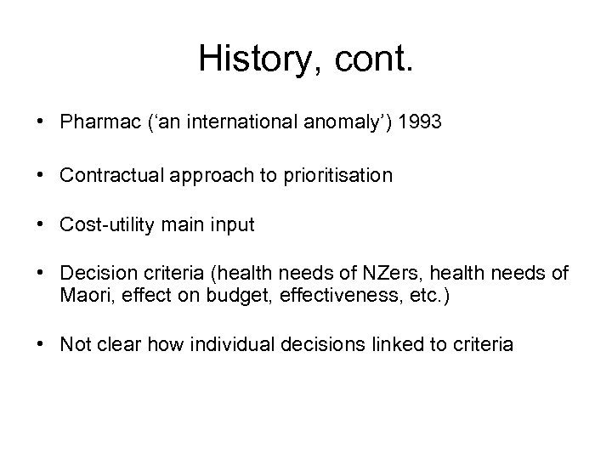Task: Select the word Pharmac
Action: pyautogui.click(x=93, y=122)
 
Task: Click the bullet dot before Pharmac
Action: pyautogui.click(x=42, y=122)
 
